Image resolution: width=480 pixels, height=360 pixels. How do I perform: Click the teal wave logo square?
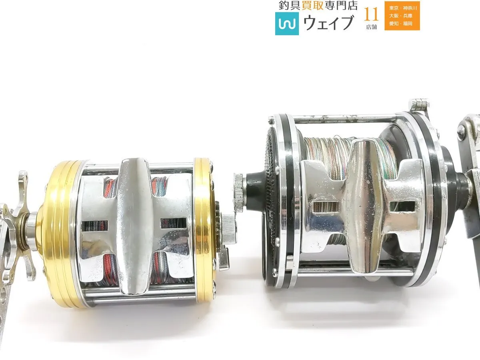pos(287,23)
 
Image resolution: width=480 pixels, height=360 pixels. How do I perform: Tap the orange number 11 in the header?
pos(371,14)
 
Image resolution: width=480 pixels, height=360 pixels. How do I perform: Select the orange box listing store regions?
pos(402,16)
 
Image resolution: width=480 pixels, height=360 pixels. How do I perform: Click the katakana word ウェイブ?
pos(328,23)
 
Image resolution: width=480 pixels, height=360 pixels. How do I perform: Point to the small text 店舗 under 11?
pos(371,27)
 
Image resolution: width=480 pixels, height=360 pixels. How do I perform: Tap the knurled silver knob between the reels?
pos(239,193)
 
